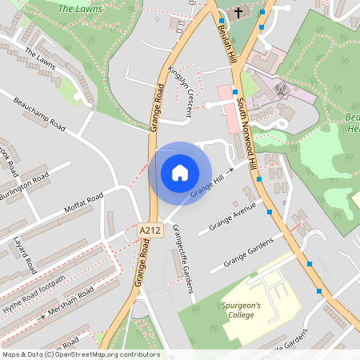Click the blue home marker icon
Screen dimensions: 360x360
180,173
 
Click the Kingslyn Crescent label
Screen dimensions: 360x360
181,90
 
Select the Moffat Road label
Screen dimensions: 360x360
84,206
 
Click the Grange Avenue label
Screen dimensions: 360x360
232,216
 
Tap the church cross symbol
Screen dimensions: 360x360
238,13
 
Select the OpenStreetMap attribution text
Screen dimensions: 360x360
80,354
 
